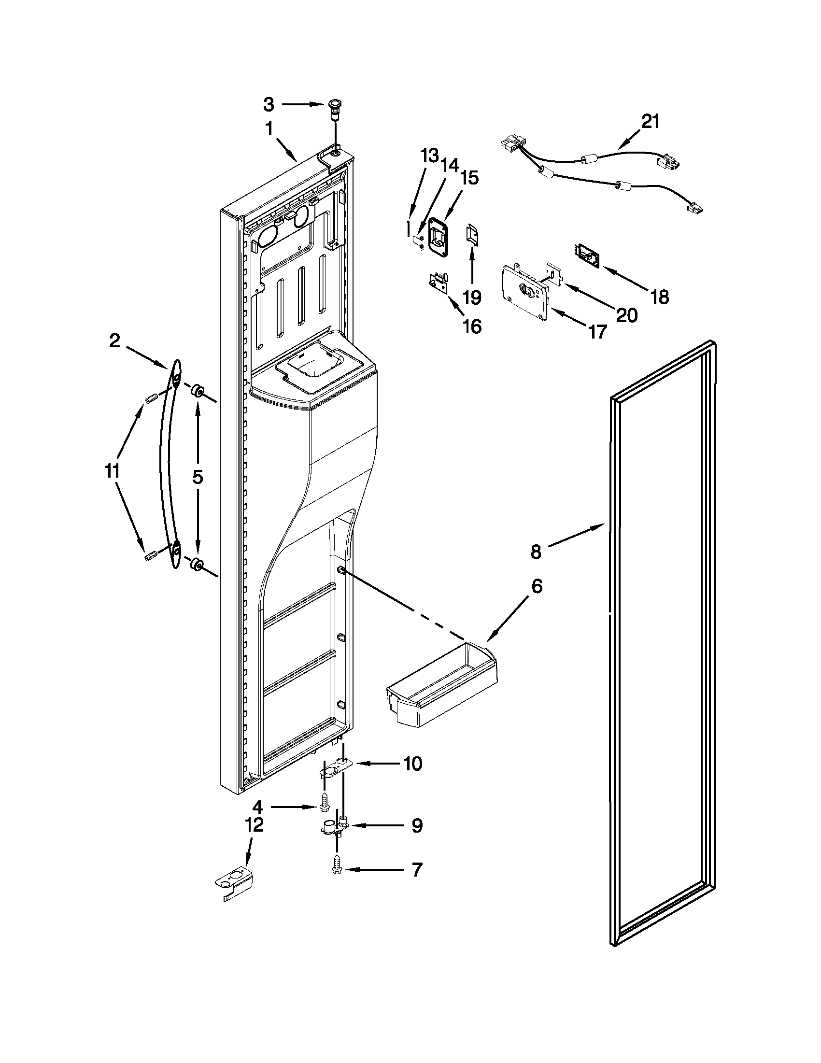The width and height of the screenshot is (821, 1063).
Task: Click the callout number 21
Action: point(650,121)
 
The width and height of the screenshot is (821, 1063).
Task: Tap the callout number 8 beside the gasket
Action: point(535,552)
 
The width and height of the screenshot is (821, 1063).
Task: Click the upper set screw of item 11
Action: point(149,398)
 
